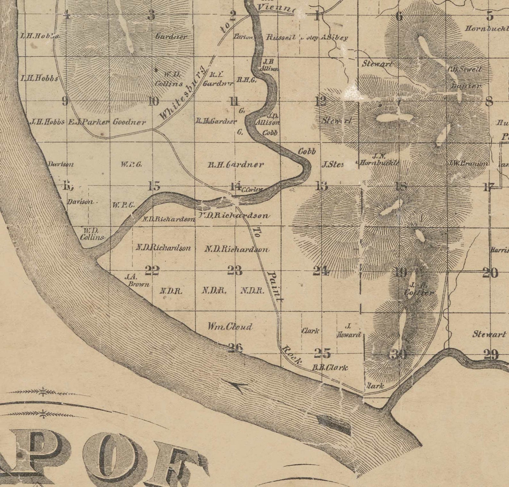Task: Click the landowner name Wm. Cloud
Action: point(230,327)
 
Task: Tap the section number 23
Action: point(235,271)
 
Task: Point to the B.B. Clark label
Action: point(330,367)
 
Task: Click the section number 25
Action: point(322,353)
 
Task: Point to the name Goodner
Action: point(129,122)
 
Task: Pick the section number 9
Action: point(65,101)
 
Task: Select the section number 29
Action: point(491,355)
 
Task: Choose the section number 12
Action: point(321,101)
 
